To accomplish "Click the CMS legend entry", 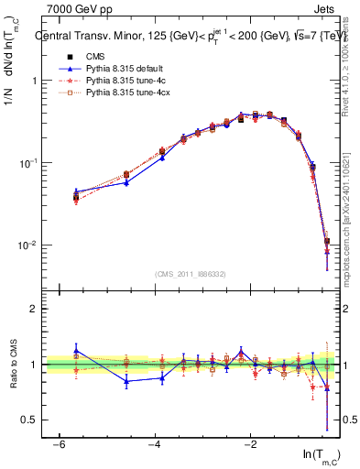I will coord(94,57).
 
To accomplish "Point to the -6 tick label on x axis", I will coord(59,444).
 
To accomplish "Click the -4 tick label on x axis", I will coord(155,444).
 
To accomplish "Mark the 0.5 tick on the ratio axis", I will coord(28,420).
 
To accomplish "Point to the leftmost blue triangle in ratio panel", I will coord(76,350).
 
